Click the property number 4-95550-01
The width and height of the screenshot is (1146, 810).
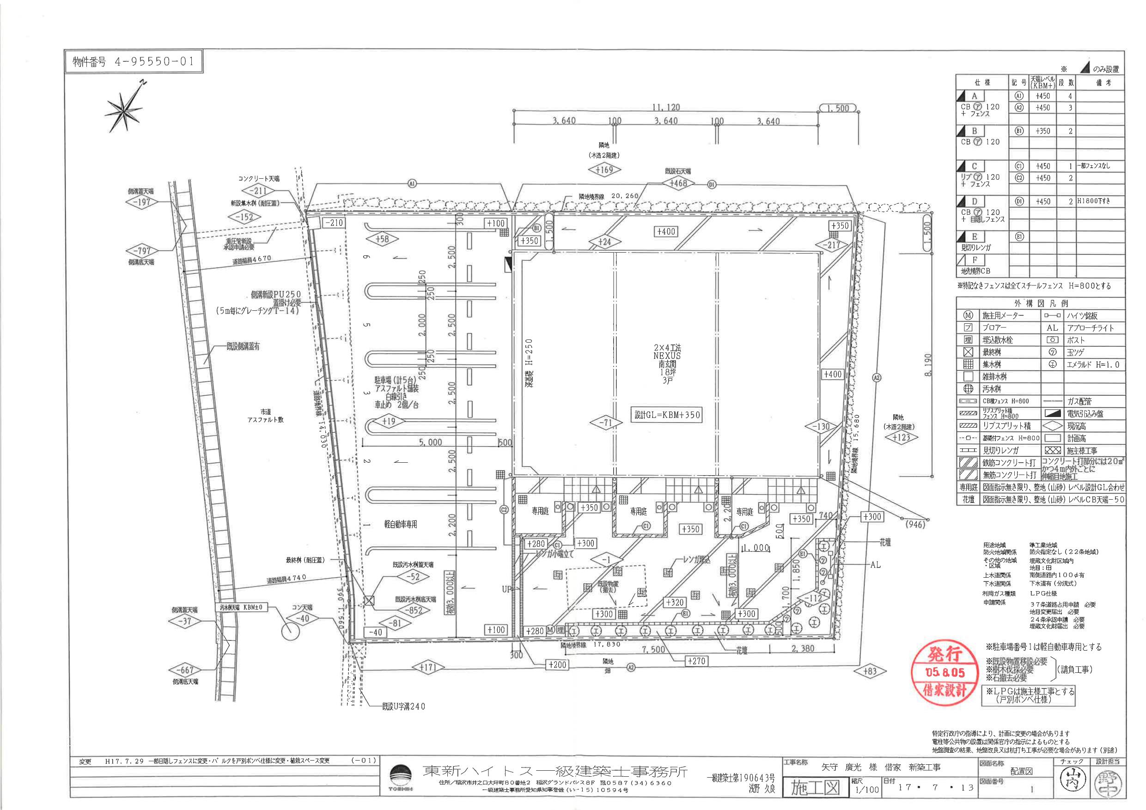133,62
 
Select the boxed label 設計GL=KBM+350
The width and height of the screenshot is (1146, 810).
667,415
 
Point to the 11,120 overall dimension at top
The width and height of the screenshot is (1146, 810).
666,107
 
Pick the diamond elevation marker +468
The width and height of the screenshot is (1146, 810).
678,183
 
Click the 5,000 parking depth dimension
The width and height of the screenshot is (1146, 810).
430,442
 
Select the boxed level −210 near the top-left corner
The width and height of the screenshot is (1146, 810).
334,223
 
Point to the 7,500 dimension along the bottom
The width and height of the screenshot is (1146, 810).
653,649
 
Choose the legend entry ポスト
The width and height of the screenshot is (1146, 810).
1076,340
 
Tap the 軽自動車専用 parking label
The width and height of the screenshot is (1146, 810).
400,524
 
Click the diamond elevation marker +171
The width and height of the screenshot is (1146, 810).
428,667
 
